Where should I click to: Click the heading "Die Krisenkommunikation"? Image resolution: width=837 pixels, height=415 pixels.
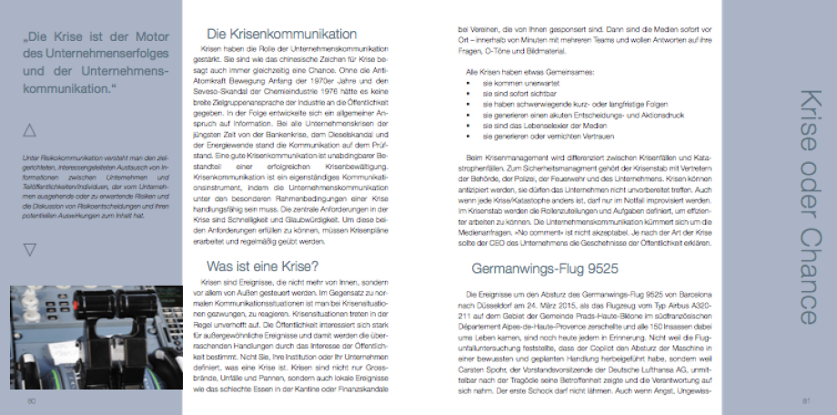click(x=281, y=34)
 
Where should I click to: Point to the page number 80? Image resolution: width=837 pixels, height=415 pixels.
click(x=31, y=400)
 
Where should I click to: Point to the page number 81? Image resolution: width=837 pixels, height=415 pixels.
click(x=805, y=400)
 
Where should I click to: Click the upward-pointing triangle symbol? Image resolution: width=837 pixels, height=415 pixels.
click(x=29, y=130)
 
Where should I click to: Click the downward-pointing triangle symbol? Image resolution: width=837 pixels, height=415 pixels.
click(x=29, y=248)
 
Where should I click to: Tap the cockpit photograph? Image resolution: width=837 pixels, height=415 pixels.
click(x=95, y=337)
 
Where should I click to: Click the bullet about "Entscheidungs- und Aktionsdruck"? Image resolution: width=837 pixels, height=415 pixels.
click(x=561, y=115)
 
